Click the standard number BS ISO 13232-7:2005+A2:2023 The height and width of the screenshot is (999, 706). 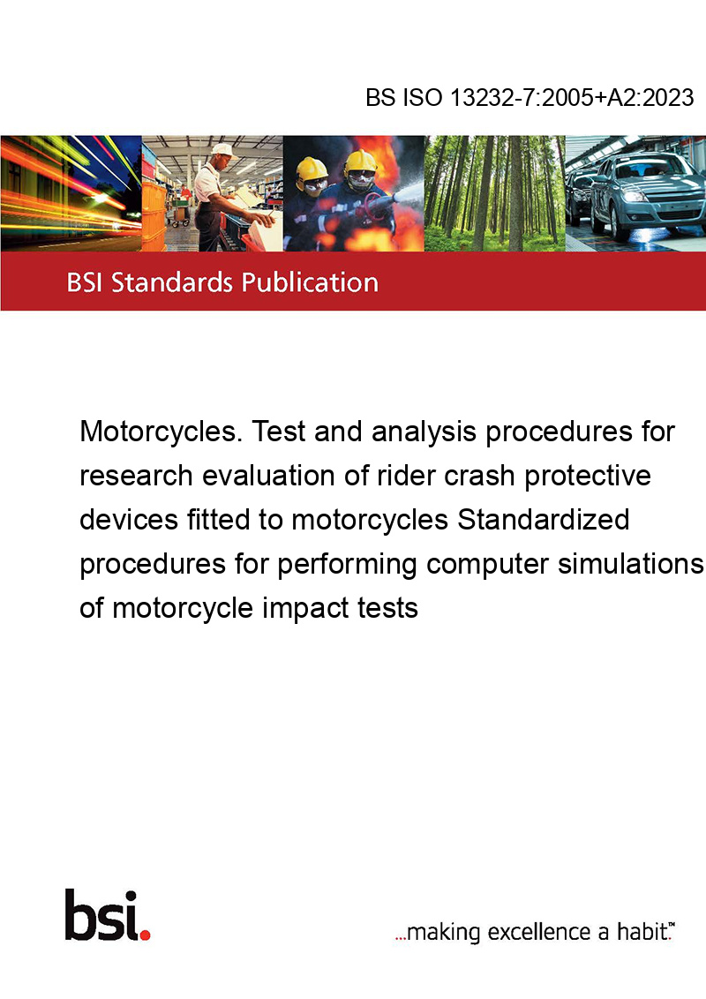click(x=529, y=97)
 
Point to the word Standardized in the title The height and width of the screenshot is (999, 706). click(x=544, y=519)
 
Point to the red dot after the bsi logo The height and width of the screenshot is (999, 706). click(x=145, y=935)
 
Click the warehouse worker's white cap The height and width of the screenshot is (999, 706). click(x=222, y=150)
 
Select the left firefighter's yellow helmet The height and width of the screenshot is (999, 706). click(x=312, y=168)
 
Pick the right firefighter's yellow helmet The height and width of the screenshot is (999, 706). click(x=360, y=161)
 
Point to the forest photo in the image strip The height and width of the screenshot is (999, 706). click(x=494, y=193)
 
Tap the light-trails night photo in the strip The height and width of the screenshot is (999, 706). click(x=71, y=193)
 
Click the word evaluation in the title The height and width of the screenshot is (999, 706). click(x=284, y=476)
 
